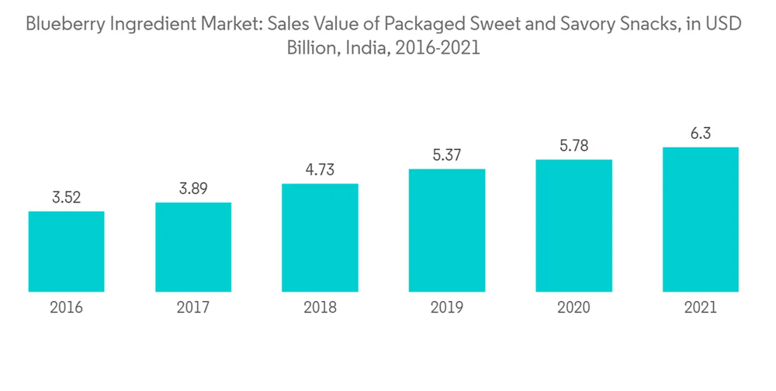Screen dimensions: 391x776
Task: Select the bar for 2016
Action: pos(66,251)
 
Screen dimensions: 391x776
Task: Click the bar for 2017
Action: pos(193,247)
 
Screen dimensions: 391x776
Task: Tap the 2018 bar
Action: pos(320,237)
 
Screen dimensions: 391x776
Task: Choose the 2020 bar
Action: pos(573,225)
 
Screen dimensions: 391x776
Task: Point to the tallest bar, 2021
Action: pos(701,219)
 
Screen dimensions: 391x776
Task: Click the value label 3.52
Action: pos(66,198)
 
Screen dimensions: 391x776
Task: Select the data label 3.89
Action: pos(193,189)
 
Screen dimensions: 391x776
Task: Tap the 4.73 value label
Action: pos(320,170)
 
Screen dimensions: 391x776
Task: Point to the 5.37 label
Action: pos(447,155)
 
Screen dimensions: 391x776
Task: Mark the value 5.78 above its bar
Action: pos(573,146)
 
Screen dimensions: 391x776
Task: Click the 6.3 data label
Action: pos(701,133)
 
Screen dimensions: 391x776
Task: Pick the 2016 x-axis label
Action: pos(66,308)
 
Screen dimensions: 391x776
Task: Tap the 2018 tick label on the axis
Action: pos(320,308)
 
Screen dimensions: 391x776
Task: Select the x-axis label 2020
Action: pos(573,308)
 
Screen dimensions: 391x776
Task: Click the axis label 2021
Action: pos(701,308)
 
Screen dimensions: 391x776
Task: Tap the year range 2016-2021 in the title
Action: pos(438,48)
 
